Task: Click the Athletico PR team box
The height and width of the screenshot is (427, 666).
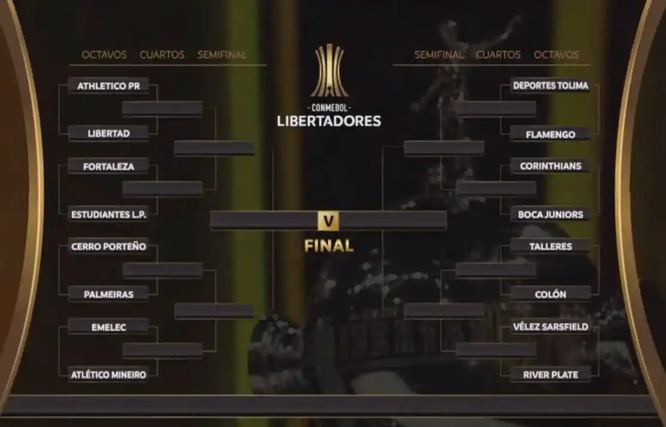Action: pyautogui.click(x=108, y=86)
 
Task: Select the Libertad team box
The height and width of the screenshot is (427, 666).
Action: pyautogui.click(x=108, y=134)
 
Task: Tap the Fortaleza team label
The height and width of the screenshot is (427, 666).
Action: pyautogui.click(x=108, y=166)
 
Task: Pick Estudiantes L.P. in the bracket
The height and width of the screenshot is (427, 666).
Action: pyautogui.click(x=108, y=214)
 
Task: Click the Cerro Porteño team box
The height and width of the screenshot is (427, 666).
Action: pyautogui.click(x=108, y=247)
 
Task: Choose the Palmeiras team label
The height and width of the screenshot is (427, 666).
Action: pyautogui.click(x=108, y=295)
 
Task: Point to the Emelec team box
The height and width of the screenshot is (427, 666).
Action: pyautogui.click(x=108, y=327)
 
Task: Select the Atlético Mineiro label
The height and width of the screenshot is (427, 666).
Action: pyautogui.click(x=108, y=375)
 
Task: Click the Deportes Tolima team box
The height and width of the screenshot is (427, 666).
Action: pyautogui.click(x=550, y=86)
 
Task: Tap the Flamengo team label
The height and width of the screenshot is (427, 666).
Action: pyautogui.click(x=550, y=135)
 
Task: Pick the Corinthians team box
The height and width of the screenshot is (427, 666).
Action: pyautogui.click(x=550, y=166)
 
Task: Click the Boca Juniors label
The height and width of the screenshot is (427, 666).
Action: pyautogui.click(x=550, y=214)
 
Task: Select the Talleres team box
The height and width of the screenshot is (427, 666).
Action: pyautogui.click(x=550, y=246)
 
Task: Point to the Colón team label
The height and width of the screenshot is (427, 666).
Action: pyautogui.click(x=550, y=294)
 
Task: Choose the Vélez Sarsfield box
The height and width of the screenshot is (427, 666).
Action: pyautogui.click(x=550, y=327)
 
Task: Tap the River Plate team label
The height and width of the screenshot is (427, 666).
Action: pyautogui.click(x=550, y=375)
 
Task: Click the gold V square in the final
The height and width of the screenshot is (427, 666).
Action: pyautogui.click(x=328, y=220)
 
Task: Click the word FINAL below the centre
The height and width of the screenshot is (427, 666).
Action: pyautogui.click(x=329, y=246)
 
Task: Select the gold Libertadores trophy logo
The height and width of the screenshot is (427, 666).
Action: pyautogui.click(x=329, y=70)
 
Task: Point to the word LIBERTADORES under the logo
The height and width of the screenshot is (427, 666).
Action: pyautogui.click(x=329, y=121)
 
